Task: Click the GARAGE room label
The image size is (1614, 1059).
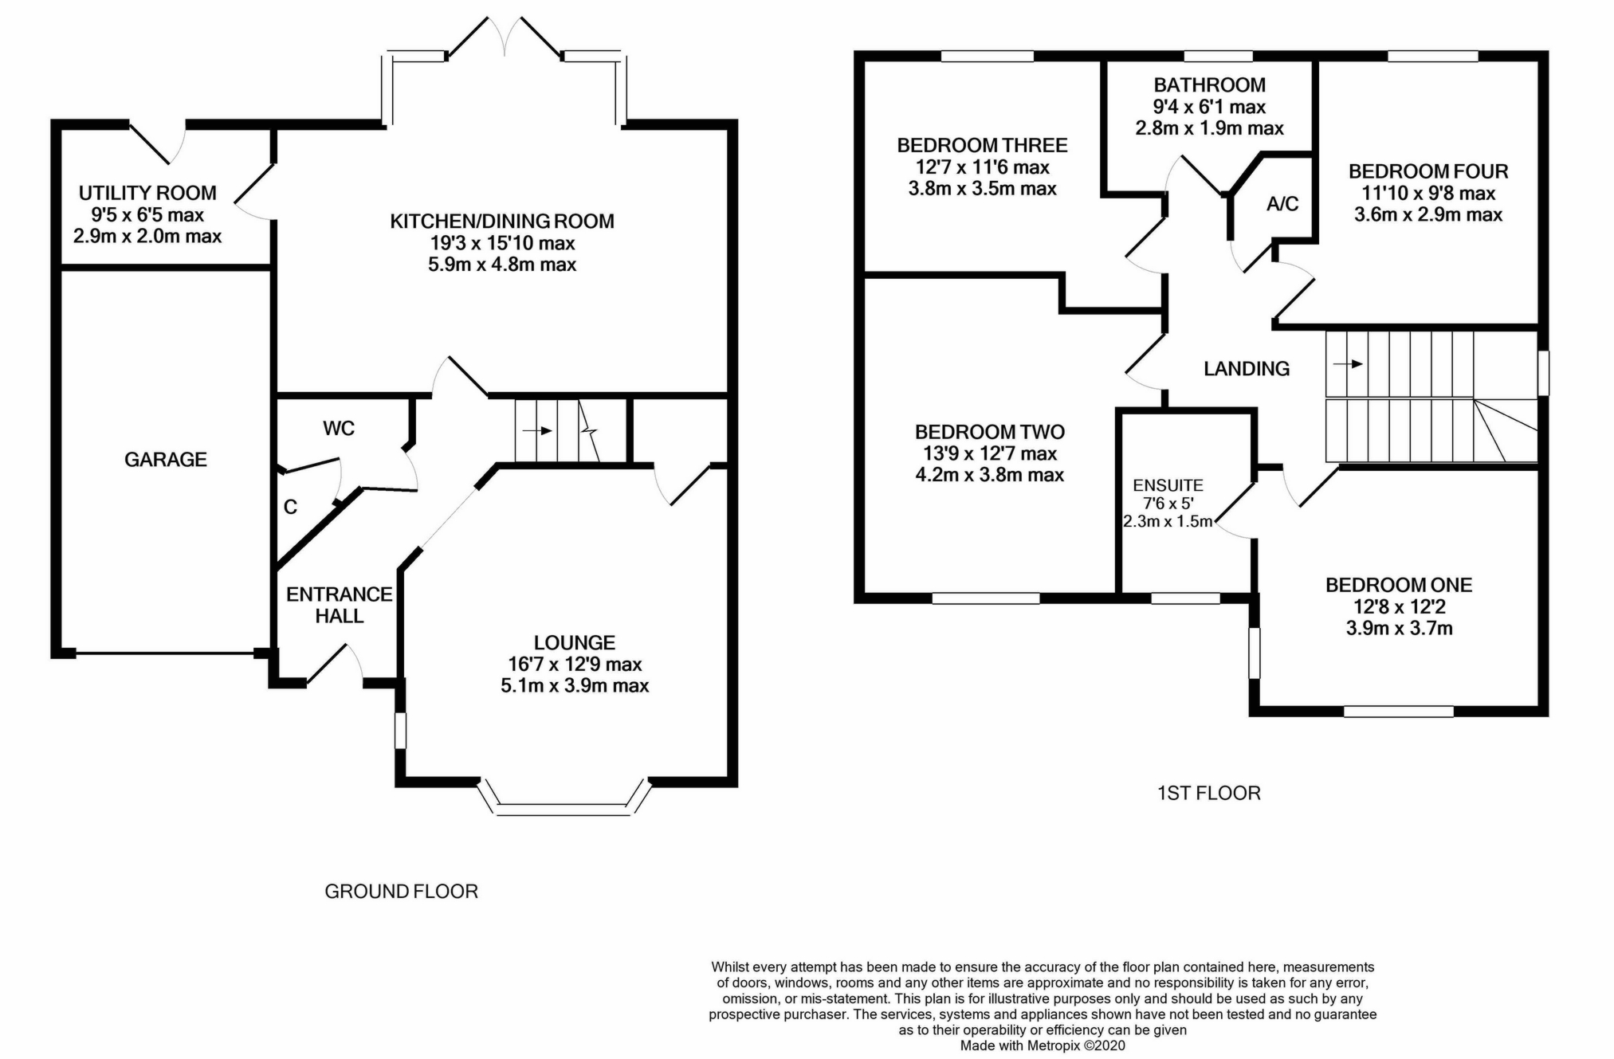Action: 165,459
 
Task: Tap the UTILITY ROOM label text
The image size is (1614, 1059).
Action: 147,193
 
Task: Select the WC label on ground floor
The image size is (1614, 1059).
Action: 338,429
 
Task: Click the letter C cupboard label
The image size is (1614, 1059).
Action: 290,507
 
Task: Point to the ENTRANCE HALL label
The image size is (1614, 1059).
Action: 339,605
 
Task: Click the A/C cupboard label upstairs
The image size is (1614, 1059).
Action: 1282,204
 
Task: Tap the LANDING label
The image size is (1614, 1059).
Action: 1246,368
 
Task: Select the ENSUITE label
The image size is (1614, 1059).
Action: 1168,485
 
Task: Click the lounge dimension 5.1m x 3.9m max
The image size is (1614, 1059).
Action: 575,685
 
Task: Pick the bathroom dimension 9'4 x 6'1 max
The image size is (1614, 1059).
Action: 1209,107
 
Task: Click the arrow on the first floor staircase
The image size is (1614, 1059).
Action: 1347,364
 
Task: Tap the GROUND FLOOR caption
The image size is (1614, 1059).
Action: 401,892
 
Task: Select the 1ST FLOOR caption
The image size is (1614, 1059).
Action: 1208,793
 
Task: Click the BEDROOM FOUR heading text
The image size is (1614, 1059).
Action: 1427,171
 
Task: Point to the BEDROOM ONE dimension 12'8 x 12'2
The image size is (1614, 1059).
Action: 1399,606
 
